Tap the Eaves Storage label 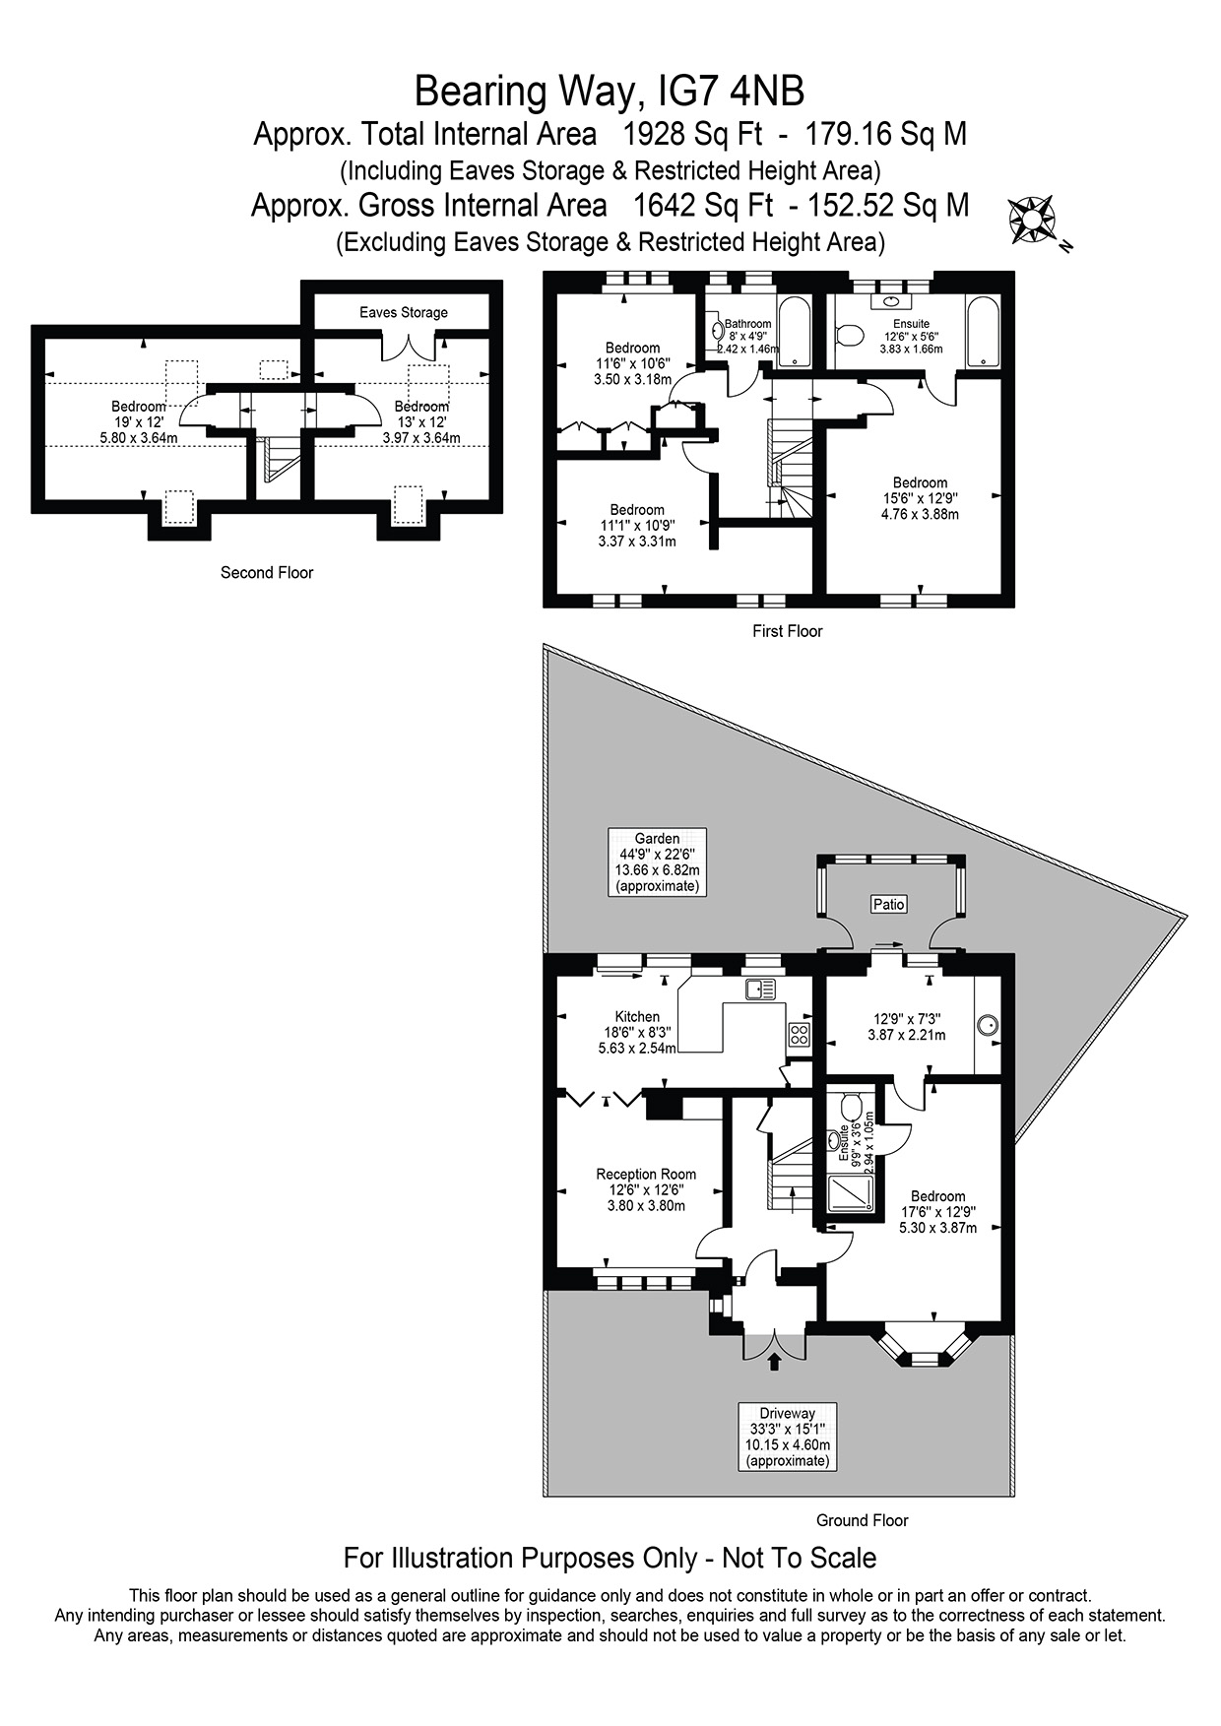404,312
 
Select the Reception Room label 646,1174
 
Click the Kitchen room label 637,1017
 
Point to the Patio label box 889,904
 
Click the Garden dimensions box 658,862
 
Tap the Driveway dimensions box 788,1437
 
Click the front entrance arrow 774,1362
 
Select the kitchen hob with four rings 799,1034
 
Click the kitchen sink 761,989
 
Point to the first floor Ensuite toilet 848,336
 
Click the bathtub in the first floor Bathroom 794,331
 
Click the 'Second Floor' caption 267,572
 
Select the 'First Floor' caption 787,631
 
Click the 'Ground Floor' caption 862,1520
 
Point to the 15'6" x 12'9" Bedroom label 920,498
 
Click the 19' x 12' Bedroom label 139,422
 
